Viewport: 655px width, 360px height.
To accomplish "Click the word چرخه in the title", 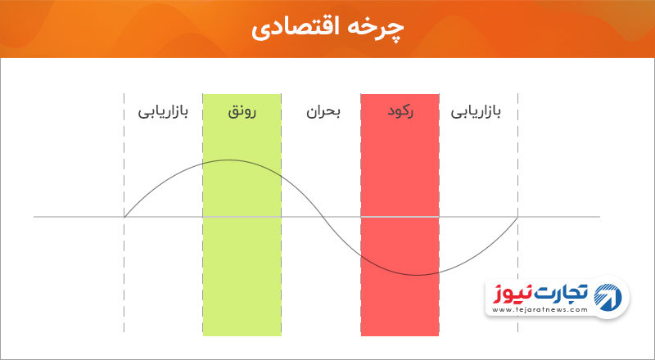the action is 381,29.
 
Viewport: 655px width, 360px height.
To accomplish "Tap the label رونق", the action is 242,113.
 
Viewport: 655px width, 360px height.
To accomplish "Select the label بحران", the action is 323,113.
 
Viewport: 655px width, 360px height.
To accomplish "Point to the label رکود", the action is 400,113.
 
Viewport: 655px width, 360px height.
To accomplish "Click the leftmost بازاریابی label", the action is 163,113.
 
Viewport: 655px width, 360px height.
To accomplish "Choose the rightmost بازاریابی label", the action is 476,113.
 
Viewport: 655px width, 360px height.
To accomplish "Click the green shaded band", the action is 242,214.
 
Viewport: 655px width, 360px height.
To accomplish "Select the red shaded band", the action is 400,214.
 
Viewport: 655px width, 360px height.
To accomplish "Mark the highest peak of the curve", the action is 228,160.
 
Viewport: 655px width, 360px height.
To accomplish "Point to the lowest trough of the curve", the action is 417,275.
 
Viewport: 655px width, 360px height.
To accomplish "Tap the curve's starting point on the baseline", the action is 124,217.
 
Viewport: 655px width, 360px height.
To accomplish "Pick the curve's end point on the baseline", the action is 518,217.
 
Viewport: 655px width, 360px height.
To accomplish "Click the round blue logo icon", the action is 608,297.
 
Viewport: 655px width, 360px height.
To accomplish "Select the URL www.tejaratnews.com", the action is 540,310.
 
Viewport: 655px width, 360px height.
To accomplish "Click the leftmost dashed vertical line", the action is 124,213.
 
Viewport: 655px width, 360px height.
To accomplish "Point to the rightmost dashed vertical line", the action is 518,213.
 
